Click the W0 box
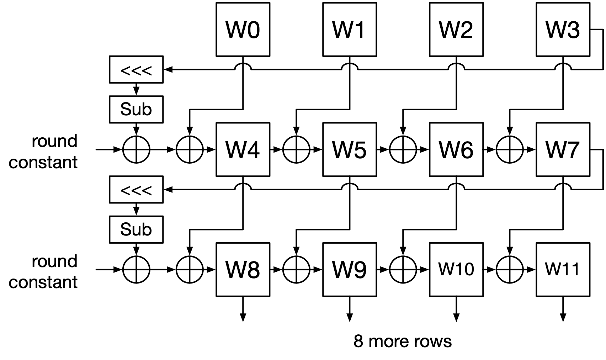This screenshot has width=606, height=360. coord(243,29)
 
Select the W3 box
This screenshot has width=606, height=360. coord(563,29)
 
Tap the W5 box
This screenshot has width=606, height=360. coord(349,149)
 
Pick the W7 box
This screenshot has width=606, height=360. coord(563,149)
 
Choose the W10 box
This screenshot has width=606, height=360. coord(456,269)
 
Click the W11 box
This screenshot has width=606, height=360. coord(563,269)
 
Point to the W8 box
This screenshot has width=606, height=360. coord(243,269)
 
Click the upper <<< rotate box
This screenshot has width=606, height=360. coord(136,70)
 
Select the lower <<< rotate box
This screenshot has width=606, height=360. coord(136,190)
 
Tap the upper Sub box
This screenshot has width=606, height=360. coord(136,109)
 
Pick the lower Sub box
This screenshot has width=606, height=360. coord(136,229)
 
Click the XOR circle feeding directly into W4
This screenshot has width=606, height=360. coord(190,149)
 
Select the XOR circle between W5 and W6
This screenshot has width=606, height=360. coord(403,149)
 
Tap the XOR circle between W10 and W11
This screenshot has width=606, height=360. coord(509,269)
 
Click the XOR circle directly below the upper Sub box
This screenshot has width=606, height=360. coord(136,149)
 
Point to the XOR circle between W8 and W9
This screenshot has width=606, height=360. coord(296,269)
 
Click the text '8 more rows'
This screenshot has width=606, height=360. coord(403,341)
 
